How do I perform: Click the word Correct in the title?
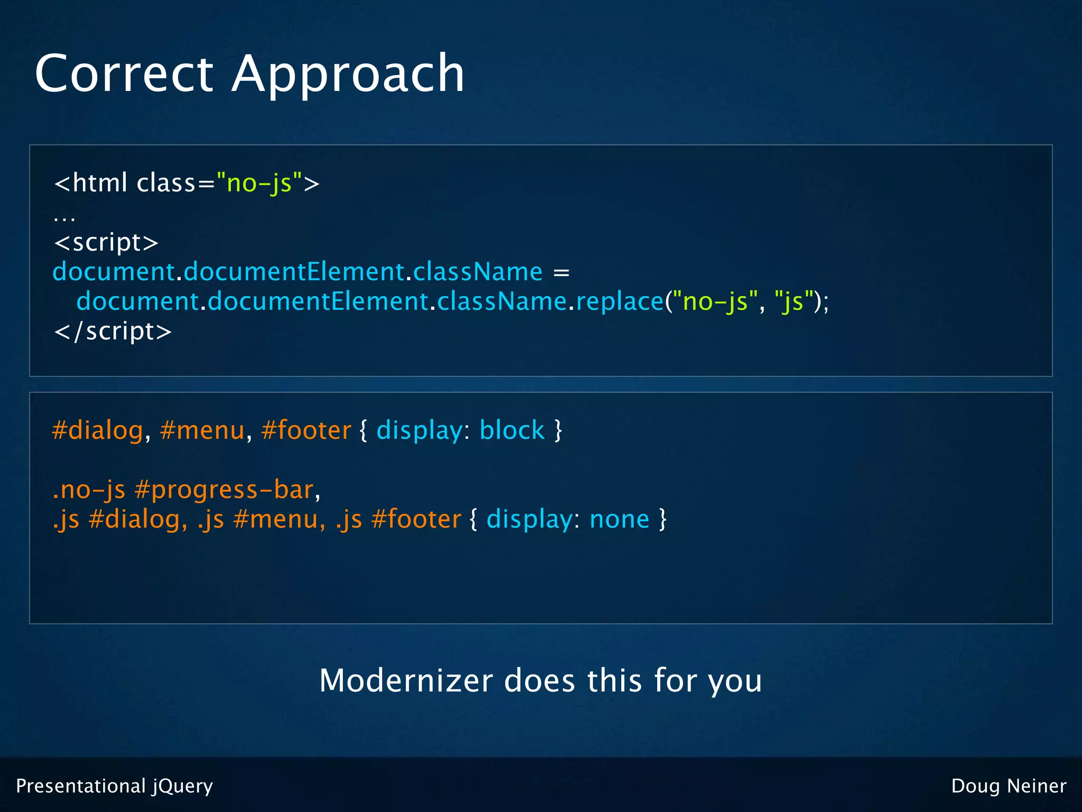click(x=124, y=73)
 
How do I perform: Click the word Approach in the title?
click(x=348, y=73)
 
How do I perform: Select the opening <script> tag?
click(x=106, y=243)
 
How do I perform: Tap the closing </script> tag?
click(x=113, y=331)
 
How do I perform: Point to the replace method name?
click(x=619, y=301)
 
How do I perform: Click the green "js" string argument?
click(x=792, y=301)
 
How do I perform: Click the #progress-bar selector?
click(x=224, y=490)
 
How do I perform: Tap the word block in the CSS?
click(x=512, y=430)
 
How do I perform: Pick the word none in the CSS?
click(x=619, y=519)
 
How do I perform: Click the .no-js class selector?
click(x=89, y=490)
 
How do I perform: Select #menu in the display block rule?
click(x=202, y=430)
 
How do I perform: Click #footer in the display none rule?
click(x=416, y=519)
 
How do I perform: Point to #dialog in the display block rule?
click(x=98, y=430)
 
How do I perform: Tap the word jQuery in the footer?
click(x=182, y=786)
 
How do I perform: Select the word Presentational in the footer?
click(x=80, y=786)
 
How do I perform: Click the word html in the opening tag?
click(x=100, y=183)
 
